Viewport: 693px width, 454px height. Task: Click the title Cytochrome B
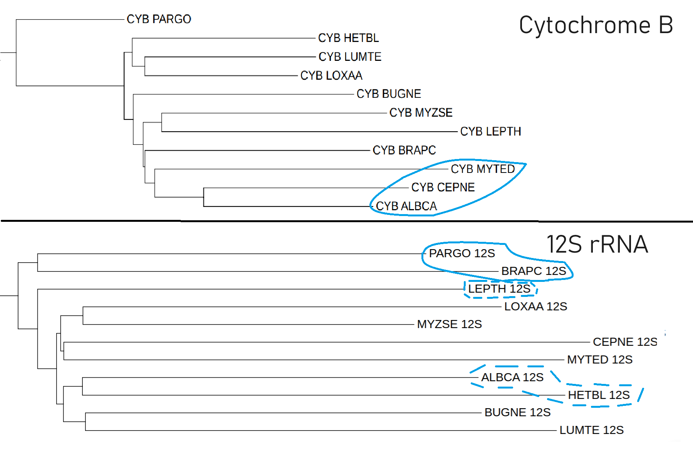pos(596,25)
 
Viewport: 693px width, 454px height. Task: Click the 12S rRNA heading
pos(597,245)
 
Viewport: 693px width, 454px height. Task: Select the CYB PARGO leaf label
pos(159,19)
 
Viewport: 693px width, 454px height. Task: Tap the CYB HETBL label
pos(348,38)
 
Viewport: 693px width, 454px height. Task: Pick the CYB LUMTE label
pos(350,57)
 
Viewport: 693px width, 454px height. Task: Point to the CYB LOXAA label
pos(331,76)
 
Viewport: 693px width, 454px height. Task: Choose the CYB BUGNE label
pos(389,94)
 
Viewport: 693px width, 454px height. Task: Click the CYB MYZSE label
pos(421,113)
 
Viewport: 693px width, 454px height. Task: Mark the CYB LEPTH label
pos(490,132)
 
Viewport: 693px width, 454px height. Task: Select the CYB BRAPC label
pos(404,150)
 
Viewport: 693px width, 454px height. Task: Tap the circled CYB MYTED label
pos(483,169)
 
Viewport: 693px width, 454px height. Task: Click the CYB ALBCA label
pos(406,206)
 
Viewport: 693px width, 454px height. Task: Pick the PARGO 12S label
pos(462,253)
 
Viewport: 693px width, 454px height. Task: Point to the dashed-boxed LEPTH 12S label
pos(499,289)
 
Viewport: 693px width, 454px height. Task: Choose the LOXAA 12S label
pos(535,307)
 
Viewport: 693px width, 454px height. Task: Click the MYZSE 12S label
pos(449,324)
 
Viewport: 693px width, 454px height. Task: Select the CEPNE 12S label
pos(625,342)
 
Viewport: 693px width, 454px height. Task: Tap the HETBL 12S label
pos(599,395)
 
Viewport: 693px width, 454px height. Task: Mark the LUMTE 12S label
pos(591,430)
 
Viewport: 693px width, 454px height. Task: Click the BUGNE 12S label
pos(517,412)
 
